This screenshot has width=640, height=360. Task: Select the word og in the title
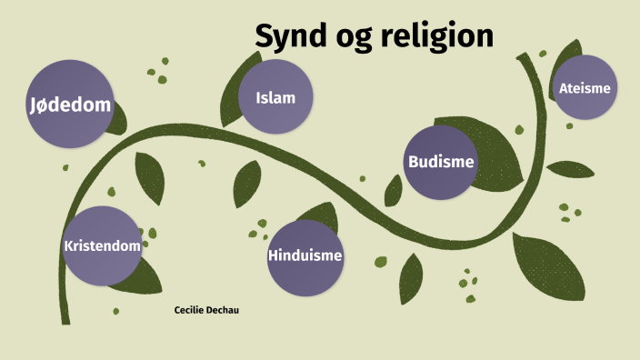tap(351, 39)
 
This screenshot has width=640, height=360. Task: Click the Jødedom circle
tap(70, 105)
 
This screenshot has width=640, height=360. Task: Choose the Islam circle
tap(276, 97)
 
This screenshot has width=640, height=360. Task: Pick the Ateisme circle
tap(585, 88)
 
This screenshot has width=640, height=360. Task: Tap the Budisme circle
tap(442, 162)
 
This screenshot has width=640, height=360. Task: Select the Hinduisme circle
tap(305, 255)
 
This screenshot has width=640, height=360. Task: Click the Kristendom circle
tap(103, 245)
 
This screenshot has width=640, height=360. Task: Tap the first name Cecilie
tap(190, 310)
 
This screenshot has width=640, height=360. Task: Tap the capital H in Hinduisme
tap(274, 255)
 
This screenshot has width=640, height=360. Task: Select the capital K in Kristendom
tap(68, 245)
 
